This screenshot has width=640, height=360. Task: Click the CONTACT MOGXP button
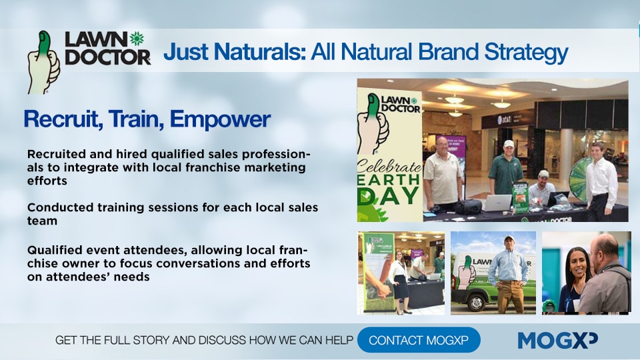tap(419, 339)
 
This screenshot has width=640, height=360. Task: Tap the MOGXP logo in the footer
tap(557, 340)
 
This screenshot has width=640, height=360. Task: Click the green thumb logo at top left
tap(43, 62)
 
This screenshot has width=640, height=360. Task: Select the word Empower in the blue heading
tap(220, 119)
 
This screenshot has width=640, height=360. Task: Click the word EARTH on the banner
tap(389, 180)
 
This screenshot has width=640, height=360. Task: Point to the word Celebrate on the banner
tap(389, 166)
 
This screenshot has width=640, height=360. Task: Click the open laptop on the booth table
tap(496, 203)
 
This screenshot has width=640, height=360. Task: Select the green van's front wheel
tap(476, 303)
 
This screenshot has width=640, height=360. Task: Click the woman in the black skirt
tap(399, 281)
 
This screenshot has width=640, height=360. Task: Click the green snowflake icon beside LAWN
tap(137, 39)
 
